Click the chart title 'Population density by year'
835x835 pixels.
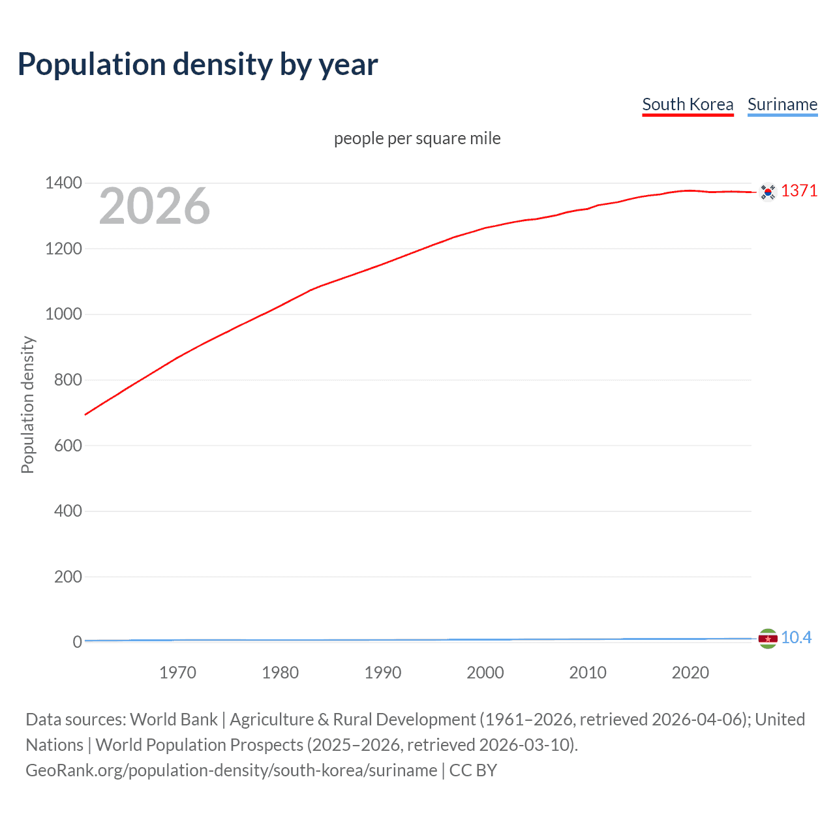point(198,65)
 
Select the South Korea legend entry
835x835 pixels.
point(688,104)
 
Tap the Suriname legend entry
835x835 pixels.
point(782,104)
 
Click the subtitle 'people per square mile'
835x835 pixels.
point(417,138)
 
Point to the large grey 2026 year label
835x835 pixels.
point(155,206)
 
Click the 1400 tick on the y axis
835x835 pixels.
point(63,183)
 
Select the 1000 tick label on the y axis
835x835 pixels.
point(63,314)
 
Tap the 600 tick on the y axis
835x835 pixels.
point(68,446)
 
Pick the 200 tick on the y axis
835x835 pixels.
point(68,577)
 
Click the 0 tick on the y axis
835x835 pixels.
point(77,642)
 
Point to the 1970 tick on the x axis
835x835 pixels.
point(177,673)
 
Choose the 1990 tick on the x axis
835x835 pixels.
point(383,673)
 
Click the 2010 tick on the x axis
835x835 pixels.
point(588,673)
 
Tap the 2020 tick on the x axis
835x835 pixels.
point(690,673)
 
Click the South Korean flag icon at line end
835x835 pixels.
point(768,192)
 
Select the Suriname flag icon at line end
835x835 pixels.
point(768,638)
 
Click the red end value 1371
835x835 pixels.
point(799,190)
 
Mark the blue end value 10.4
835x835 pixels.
point(796,637)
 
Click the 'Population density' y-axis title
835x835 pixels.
point(27,404)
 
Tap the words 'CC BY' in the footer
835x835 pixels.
point(473,770)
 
